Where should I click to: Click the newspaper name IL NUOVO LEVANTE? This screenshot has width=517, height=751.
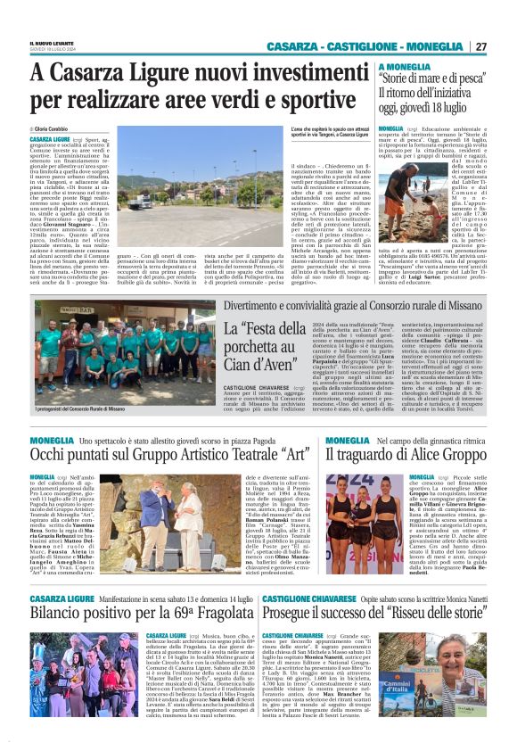point(53,43)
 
